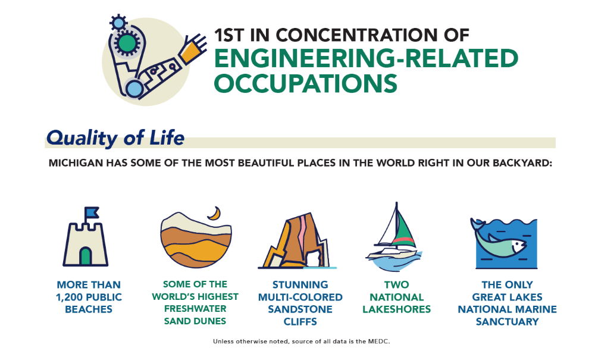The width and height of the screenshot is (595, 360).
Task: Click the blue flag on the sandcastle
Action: (91, 212)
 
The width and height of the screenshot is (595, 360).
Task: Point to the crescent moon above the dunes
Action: (215, 214)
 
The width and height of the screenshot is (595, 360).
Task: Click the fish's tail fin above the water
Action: (477, 224)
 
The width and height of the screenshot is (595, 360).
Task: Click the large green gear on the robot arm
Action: (127, 43)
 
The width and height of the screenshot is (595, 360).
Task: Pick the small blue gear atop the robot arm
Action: (118, 23)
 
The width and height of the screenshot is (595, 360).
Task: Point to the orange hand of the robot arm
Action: (193, 48)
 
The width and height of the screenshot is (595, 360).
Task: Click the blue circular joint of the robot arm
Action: (133, 89)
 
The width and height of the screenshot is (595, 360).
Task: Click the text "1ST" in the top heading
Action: (229, 35)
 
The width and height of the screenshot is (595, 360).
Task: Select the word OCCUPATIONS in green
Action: (305, 83)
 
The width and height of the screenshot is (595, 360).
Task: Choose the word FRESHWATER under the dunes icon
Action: (195, 309)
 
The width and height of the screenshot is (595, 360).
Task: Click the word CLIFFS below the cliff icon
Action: (300, 322)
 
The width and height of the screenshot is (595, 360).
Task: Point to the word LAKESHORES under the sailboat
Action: (396, 309)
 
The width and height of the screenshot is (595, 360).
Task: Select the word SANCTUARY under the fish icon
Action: (508, 322)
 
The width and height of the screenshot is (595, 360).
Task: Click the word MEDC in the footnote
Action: (378, 342)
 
